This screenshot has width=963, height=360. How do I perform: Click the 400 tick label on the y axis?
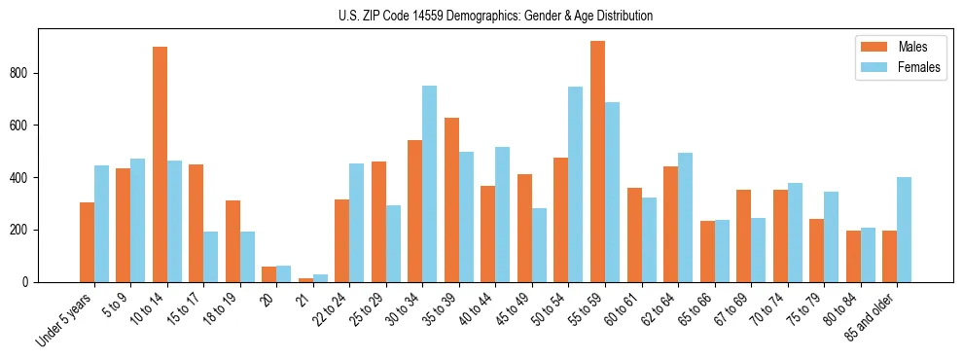click(x=24, y=178)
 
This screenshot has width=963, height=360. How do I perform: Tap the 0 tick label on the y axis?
click(x=30, y=282)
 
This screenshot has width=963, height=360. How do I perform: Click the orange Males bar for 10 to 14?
click(x=160, y=164)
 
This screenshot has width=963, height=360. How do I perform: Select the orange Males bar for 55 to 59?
click(x=597, y=162)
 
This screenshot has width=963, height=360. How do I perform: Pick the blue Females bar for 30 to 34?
click(x=429, y=184)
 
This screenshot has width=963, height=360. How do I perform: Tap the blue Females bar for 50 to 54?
click(x=576, y=185)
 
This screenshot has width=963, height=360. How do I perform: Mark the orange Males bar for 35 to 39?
click(x=451, y=200)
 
